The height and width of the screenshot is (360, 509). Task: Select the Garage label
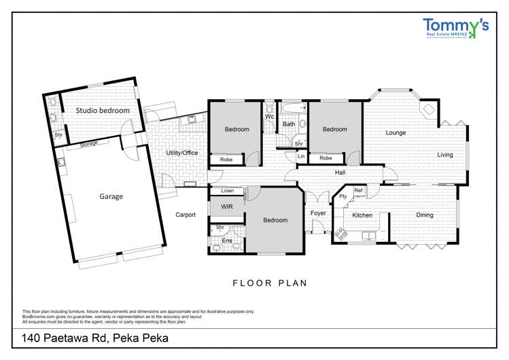[x=111, y=196]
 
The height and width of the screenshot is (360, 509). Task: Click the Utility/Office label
[x=182, y=153]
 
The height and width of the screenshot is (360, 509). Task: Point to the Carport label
[x=186, y=215]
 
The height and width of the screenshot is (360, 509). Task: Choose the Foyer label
[x=318, y=213]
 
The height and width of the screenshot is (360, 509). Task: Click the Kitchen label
[x=362, y=215]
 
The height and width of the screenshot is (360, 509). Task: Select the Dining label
[x=425, y=215]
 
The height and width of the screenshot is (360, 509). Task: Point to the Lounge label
[x=396, y=132]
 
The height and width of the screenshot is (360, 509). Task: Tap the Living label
[x=444, y=155]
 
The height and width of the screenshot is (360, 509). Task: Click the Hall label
[x=340, y=173]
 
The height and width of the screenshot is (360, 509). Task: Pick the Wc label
[x=269, y=116]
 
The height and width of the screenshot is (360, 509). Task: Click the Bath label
[x=289, y=124]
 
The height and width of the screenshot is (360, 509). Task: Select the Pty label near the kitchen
[x=343, y=197]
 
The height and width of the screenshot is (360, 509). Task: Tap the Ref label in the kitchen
[x=357, y=190]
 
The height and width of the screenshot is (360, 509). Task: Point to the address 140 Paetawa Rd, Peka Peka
[x=95, y=338]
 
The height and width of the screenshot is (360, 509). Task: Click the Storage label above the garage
[x=89, y=144]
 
